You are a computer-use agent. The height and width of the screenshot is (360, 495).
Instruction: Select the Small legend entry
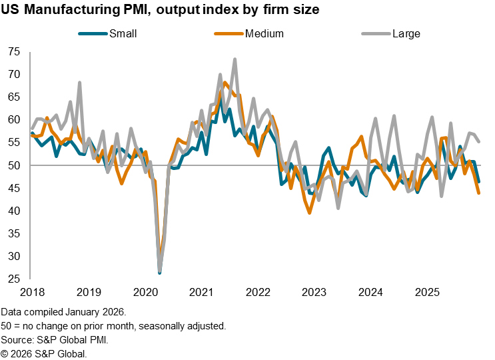(123, 33)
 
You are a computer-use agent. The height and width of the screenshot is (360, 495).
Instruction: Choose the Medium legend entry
(264, 33)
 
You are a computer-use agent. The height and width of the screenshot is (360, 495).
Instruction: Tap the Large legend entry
(406, 33)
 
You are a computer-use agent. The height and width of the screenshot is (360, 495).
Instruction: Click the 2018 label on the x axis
(33, 292)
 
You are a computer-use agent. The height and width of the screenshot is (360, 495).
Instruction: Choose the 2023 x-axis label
(314, 292)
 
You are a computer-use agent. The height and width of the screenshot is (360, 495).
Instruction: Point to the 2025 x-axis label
(426, 292)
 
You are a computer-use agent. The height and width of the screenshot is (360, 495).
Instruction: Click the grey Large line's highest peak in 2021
(235, 59)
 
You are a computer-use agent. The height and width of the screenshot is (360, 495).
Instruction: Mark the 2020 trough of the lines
(160, 271)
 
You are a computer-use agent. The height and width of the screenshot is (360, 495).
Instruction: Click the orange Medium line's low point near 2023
(310, 213)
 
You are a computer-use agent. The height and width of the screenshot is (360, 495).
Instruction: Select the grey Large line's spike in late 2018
(80, 83)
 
